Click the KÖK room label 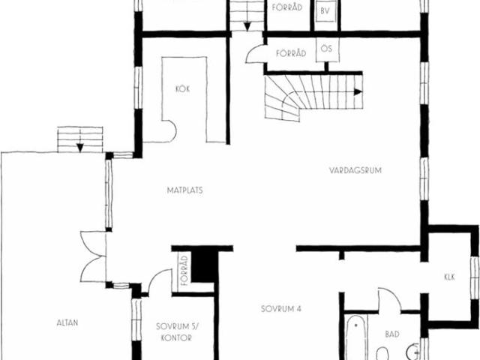click(182, 88)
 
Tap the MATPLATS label click(184, 190)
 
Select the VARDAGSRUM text click(355, 170)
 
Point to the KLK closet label click(449, 277)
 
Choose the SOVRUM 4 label click(281, 308)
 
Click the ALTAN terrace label click(67, 323)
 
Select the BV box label click(325, 11)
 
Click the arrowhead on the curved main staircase click(358, 91)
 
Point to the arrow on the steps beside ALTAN click(79, 146)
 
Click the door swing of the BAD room click(388, 299)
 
